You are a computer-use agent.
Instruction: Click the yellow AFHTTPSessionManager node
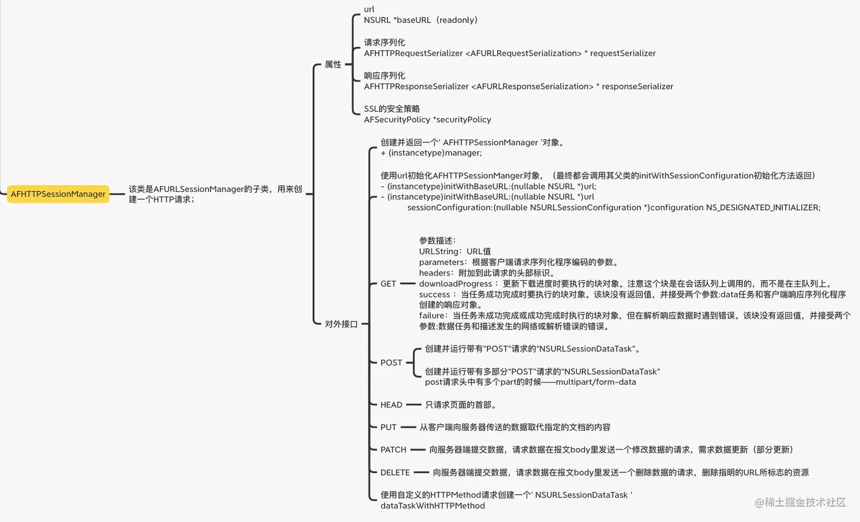[58, 194]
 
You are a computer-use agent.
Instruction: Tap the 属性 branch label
[333, 64]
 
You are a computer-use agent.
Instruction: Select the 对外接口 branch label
[341, 324]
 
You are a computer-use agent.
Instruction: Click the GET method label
[388, 284]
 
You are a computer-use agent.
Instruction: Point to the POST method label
[391, 363]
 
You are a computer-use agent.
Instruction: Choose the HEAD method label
[391, 405]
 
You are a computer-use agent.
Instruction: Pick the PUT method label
[388, 427]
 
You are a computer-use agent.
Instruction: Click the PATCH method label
[393, 450]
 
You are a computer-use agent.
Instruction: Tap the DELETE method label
[395, 472]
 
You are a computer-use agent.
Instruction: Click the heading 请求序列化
[384, 42]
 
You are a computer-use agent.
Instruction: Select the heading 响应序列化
[384, 76]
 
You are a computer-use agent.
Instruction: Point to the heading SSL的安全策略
[392, 109]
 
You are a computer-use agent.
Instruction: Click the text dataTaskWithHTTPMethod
[433, 505]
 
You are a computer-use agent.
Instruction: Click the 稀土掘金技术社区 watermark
[800, 502]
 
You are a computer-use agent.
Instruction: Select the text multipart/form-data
[596, 382]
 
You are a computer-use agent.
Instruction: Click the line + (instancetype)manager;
[431, 153]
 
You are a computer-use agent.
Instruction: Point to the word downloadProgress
[456, 284]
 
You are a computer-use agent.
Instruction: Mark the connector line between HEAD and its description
[414, 405]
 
